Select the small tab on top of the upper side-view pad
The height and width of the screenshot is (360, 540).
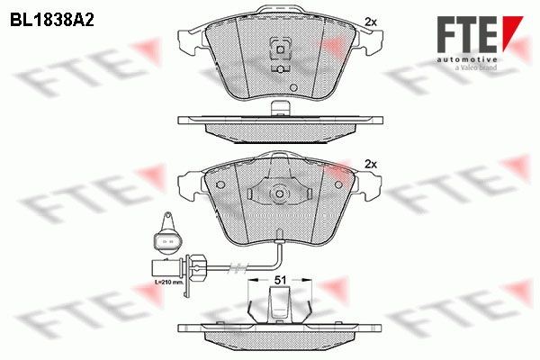click(x=279, y=110)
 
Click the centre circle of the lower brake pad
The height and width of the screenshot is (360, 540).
click(x=279, y=193)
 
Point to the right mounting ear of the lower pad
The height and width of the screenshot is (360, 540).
click(x=369, y=187)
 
